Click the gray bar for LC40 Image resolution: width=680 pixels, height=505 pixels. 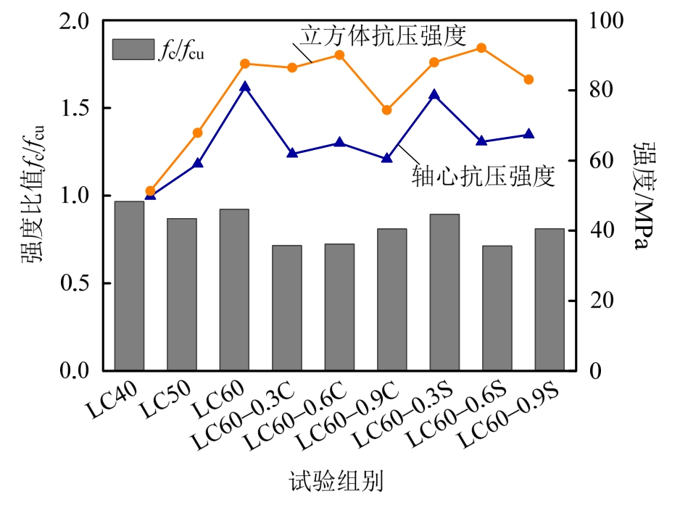129,285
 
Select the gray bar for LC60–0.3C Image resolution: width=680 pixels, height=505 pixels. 286,308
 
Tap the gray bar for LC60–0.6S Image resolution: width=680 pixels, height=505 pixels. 497,308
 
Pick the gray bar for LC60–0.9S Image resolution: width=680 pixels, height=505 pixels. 550,299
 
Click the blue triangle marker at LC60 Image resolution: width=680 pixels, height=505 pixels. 244,87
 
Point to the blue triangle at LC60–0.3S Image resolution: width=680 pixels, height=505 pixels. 434,95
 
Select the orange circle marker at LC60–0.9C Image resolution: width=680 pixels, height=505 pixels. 386,110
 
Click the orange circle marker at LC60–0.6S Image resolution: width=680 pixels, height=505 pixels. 481,48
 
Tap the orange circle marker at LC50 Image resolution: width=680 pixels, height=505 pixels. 197,133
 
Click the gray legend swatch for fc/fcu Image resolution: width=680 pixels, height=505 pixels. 133,49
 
